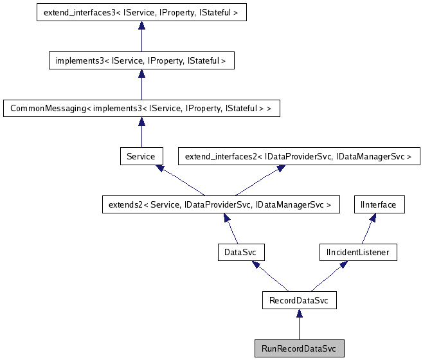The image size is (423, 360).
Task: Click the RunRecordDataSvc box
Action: (299, 348)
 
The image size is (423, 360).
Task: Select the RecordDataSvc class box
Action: (299, 300)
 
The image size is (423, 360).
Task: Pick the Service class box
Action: (141, 156)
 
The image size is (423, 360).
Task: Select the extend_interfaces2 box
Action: (298, 156)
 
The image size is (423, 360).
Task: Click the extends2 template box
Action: (220, 204)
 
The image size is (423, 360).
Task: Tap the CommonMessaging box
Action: (141, 109)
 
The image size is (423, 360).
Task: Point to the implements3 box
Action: (141, 61)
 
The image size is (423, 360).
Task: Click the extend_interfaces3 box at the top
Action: (141, 13)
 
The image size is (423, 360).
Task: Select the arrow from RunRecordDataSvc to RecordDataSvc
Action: (299, 324)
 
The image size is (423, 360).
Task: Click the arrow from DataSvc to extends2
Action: (231, 228)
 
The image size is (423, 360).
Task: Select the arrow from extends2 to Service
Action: (180, 181)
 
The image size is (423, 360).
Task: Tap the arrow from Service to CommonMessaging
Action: (141, 132)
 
